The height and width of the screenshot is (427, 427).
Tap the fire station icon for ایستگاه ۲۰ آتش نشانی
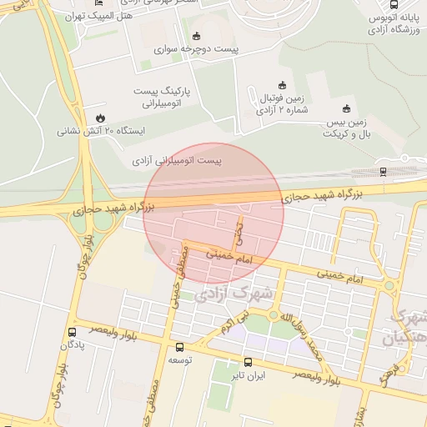click(100, 117)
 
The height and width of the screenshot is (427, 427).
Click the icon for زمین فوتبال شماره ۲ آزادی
click(281, 84)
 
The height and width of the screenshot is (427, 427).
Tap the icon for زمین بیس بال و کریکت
click(346, 108)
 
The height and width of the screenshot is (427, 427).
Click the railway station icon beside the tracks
click(383, 172)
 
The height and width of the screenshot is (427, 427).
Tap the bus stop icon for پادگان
click(71, 331)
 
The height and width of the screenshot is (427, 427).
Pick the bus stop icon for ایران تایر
click(247, 362)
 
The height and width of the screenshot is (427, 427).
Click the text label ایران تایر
click(249, 376)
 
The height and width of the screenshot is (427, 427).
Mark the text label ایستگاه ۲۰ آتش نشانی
click(101, 132)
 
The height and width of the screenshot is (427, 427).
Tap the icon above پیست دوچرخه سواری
click(196, 36)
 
